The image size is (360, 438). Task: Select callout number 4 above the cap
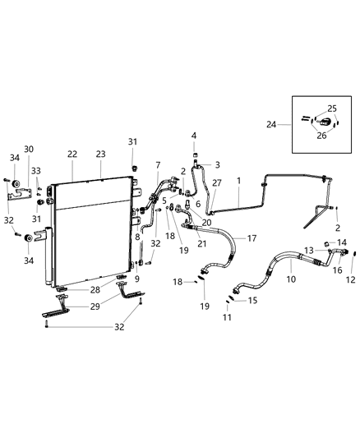click(x=194, y=135)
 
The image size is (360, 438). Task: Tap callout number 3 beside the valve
click(x=217, y=164)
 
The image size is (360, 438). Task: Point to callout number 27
click(x=217, y=183)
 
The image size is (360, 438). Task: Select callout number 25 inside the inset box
click(x=332, y=108)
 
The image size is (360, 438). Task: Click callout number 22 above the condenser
click(x=72, y=154)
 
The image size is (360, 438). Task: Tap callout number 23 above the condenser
click(x=101, y=154)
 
